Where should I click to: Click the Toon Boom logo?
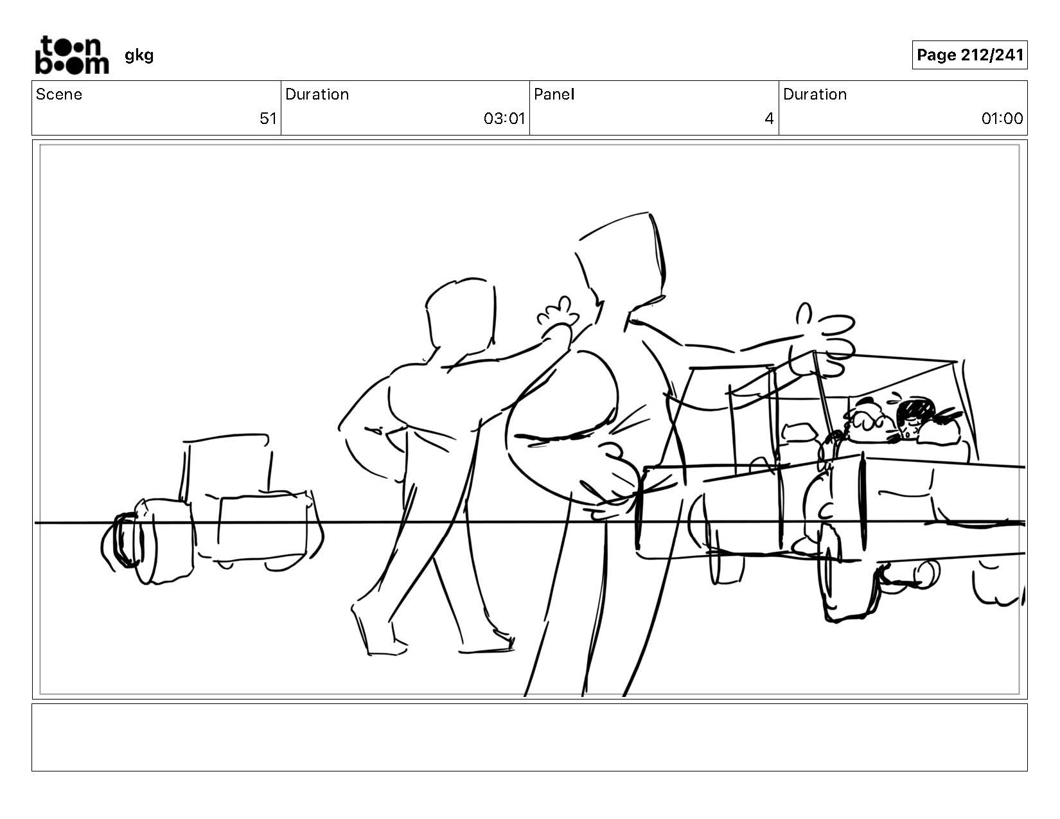click(72, 55)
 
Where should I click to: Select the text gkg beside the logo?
click(139, 56)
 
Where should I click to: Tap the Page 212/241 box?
click(969, 55)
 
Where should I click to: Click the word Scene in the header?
click(59, 94)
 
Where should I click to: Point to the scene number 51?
click(268, 119)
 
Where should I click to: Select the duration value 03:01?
click(504, 119)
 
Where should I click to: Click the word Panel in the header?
click(554, 94)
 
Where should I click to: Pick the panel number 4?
click(769, 119)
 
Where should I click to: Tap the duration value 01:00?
click(1002, 119)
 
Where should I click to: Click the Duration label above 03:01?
click(317, 94)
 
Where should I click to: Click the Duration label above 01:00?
click(815, 94)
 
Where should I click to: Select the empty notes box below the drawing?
click(530, 737)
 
